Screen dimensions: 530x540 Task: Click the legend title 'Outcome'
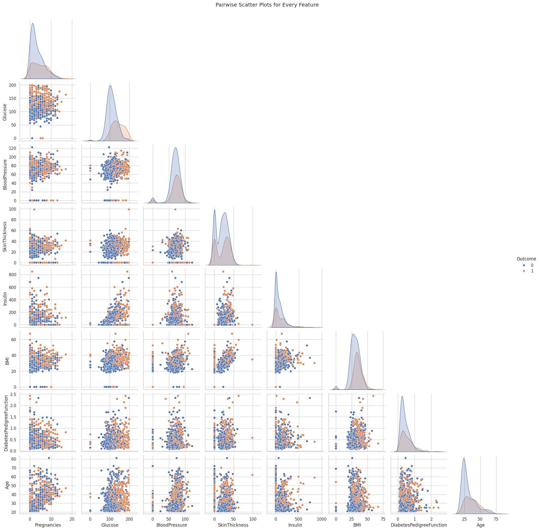(526, 259)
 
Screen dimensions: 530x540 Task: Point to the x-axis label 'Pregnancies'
(48, 525)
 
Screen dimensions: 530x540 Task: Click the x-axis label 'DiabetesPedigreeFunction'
(419, 525)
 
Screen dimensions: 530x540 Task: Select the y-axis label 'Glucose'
(4, 111)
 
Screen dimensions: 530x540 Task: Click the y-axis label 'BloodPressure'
(4, 174)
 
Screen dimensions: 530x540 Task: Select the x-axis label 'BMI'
(357, 525)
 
